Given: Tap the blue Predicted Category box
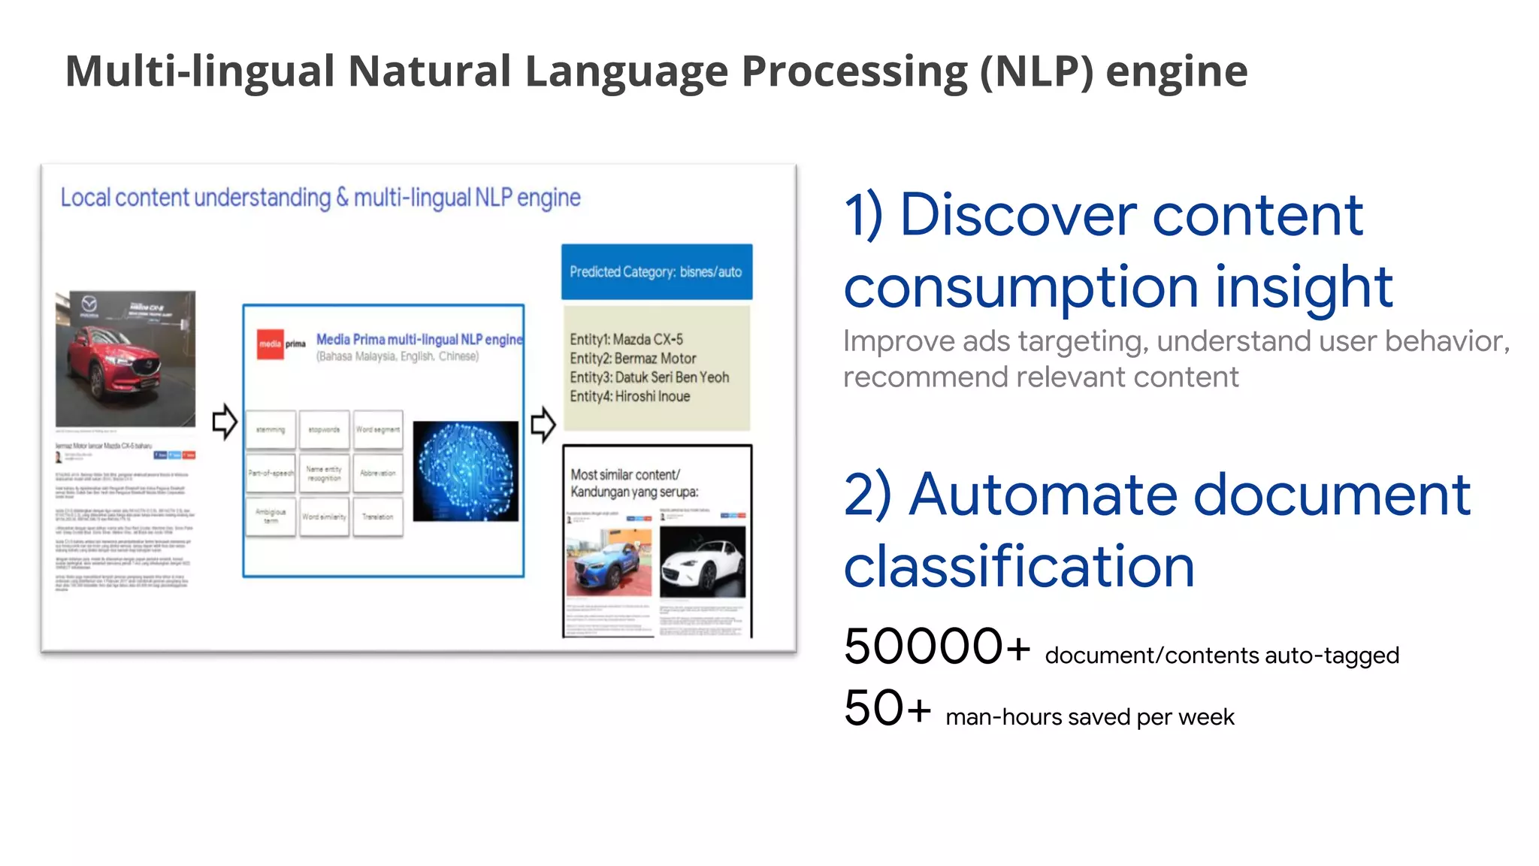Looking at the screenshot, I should coord(656,271).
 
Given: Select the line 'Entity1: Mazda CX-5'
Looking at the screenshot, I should coord(626,339).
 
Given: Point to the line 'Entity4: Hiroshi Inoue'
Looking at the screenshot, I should coord(630,396).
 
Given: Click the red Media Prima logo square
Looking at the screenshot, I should coord(270,344).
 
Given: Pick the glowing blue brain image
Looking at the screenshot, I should coord(465,471).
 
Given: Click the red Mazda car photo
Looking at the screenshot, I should coord(125,359).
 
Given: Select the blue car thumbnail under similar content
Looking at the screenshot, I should coord(609,562).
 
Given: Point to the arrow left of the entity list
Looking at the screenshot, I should coord(543,425).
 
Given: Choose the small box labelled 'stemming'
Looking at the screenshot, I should coord(271,430).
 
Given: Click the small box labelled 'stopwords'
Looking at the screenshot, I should coord(324,430).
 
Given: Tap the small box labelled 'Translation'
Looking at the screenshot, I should coord(377,516).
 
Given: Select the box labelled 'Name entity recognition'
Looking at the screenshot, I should coord(324,473).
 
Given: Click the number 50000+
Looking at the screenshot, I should coord(936,646).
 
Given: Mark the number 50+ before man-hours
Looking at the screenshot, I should coord(887,708).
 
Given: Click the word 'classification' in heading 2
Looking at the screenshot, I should coord(1018,567).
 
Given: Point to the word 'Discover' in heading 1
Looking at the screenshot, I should coord(1018,215).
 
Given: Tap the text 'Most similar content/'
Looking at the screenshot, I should coord(624,474).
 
